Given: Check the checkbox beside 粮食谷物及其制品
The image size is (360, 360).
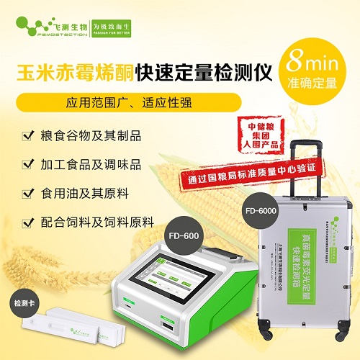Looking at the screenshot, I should [27, 135].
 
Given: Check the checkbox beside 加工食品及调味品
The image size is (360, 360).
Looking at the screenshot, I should [27, 164].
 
